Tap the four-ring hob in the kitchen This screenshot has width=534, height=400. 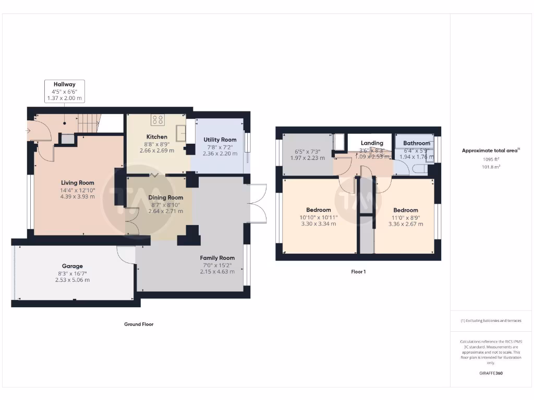(x=157, y=120)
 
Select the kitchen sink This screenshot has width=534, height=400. (x=181, y=133)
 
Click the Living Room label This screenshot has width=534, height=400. (x=77, y=183)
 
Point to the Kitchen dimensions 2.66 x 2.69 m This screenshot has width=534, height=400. (x=156, y=151)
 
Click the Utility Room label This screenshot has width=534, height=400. (x=220, y=140)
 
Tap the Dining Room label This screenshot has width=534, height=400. (x=166, y=197)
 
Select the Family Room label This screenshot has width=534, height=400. (x=217, y=258)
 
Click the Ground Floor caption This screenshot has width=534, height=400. (x=139, y=324)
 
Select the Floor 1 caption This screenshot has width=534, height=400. (x=358, y=271)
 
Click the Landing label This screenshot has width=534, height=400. (x=372, y=143)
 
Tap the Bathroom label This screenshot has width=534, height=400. (x=417, y=143)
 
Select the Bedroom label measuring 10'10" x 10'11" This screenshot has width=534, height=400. (x=318, y=210)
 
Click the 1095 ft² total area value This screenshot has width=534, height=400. (x=490, y=159)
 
